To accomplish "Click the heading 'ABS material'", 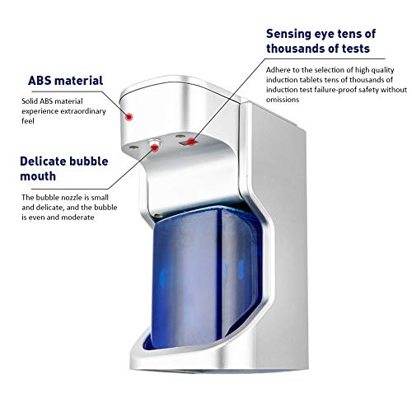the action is coord(65,81).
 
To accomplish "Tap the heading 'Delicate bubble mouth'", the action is coord(64,169).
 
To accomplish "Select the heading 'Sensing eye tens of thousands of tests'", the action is coord(321,41).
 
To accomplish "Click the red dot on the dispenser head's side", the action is coord(129,117).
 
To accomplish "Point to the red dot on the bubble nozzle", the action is coord(155,148).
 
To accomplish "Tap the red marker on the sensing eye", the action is coord(191,142).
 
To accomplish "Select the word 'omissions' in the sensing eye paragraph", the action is coord(283,100).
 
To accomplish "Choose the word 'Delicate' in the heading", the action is coord(42,162).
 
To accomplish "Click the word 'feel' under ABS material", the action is coord(28,121).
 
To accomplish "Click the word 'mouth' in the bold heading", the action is coord(38,176).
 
